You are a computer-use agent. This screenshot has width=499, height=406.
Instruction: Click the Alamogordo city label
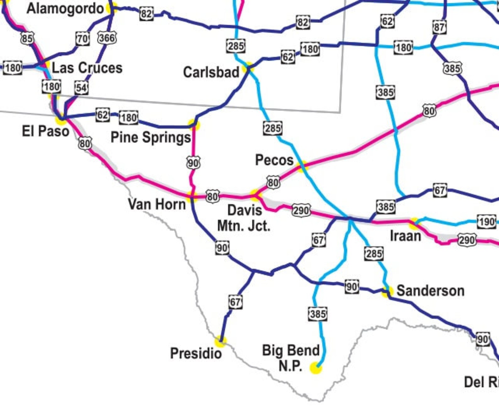65,8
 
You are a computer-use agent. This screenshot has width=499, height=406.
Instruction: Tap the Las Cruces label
87,68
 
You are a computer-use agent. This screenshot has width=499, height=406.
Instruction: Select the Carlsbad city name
211,72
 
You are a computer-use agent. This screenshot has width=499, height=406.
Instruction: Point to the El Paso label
45,131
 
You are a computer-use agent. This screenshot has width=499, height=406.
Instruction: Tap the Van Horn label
157,204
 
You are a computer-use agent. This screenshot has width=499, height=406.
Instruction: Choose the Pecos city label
274,160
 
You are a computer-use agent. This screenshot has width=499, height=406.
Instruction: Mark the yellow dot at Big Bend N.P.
315,368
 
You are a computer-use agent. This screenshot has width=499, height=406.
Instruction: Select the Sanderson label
430,291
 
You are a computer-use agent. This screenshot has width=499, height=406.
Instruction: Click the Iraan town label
405,236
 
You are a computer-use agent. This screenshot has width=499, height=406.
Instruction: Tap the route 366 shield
107,38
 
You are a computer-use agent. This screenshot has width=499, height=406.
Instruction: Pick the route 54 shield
81,88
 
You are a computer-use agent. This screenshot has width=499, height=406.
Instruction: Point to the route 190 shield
486,222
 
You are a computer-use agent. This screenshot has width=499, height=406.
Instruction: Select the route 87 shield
439,27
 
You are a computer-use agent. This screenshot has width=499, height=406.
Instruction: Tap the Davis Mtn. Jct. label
244,218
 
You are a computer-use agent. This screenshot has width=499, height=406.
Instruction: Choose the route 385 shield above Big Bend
318,314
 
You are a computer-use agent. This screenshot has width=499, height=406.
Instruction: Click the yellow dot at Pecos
302,166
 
